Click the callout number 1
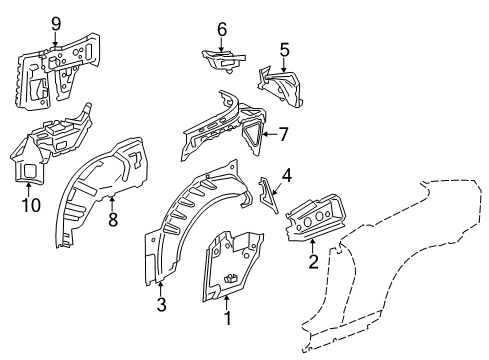tap(228, 318)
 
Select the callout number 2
tap(313, 261)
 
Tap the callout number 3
tap(162, 304)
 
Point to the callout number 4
tap(287, 176)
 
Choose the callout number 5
tap(284, 50)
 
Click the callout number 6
tap(222, 29)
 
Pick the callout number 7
tap(283, 135)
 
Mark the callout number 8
tap(113, 220)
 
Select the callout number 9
tap(56, 24)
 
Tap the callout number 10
tap(31, 205)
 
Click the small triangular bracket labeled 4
tap(269, 195)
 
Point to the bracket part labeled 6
tap(223, 60)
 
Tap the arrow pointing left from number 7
tap(270, 134)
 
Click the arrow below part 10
tap(29, 189)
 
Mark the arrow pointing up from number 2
tap(312, 246)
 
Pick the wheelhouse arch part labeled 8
tap(100, 190)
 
